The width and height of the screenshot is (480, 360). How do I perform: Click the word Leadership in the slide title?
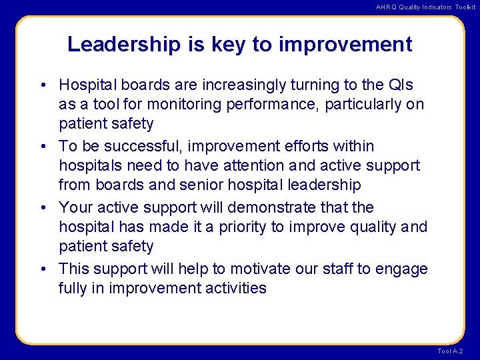[123, 45]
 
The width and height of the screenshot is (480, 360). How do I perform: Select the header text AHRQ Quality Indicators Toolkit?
[425, 7]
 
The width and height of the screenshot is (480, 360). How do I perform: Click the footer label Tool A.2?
[450, 351]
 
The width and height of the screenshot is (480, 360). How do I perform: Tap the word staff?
[337, 269]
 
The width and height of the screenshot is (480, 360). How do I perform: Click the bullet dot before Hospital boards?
[42, 86]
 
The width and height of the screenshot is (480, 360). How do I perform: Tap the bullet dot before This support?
[42, 269]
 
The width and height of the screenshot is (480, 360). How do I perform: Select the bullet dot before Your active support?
[42, 208]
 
